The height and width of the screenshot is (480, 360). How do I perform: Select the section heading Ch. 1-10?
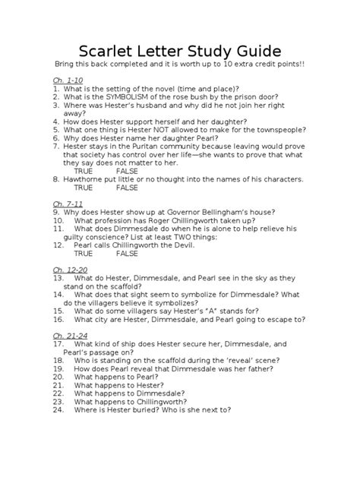pyautogui.click(x=68, y=80)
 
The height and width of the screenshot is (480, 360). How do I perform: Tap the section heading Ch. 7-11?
pyautogui.click(x=68, y=204)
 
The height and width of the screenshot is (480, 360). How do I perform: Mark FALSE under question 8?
pyautogui.click(x=127, y=188)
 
